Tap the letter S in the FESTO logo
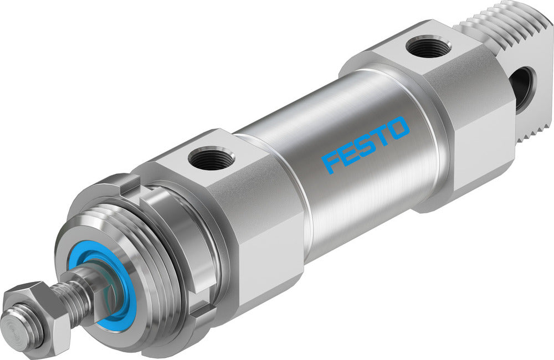(367, 145)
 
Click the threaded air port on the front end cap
(211, 160)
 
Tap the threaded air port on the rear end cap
(428, 47)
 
